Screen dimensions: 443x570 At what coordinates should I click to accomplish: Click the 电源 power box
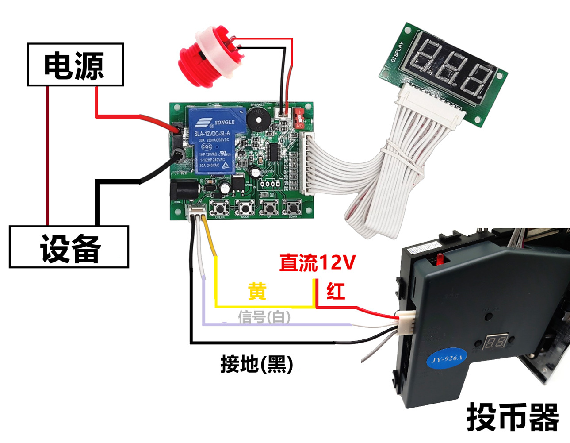coord(75,65)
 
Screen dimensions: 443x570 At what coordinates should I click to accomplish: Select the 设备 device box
coord(69,247)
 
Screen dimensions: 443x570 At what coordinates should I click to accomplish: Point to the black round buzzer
coord(256,119)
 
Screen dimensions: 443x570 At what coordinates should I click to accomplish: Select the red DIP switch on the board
coord(300,117)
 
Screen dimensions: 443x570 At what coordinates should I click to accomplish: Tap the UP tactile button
coord(268,207)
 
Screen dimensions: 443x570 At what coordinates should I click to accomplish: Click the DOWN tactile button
coord(292,207)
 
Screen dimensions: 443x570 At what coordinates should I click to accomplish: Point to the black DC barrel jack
coord(183,191)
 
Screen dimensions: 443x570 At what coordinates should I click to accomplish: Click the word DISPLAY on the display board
coord(397,52)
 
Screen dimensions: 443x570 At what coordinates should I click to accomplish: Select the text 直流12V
coord(317,263)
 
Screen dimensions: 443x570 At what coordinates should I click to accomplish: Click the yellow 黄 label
coord(257,292)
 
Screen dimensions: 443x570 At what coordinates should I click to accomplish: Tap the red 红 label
coord(336,292)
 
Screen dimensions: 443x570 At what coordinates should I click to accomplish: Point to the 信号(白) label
coord(264,317)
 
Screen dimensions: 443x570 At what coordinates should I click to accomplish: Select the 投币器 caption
coord(513,417)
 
